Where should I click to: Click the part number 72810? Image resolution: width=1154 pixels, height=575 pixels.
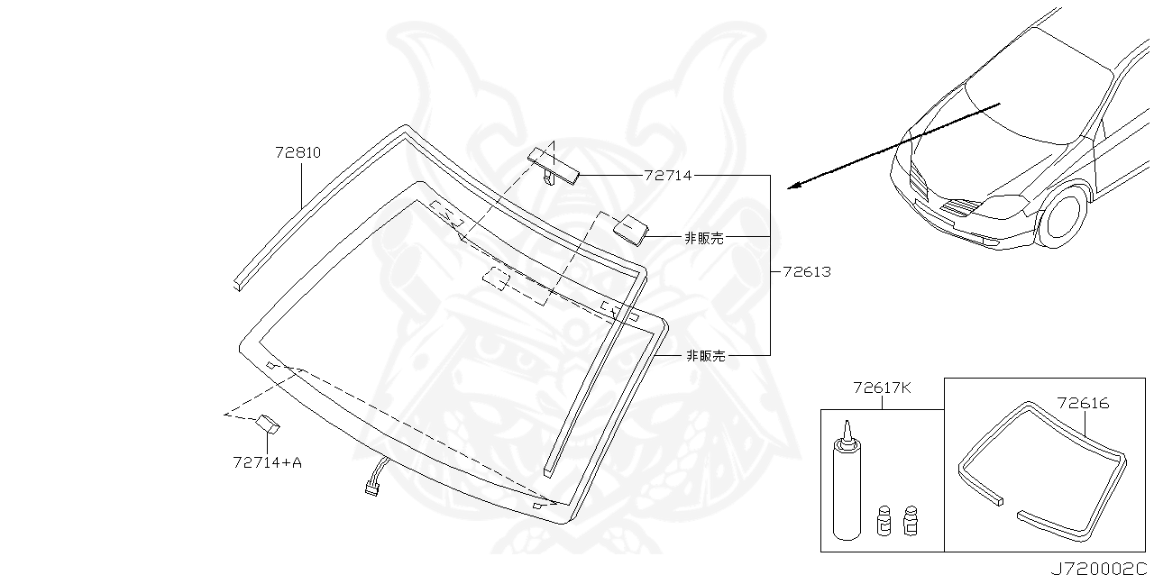point(298,153)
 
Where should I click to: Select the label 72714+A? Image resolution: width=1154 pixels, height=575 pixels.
point(267,463)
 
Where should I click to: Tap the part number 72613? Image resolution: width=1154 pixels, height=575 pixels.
point(807,271)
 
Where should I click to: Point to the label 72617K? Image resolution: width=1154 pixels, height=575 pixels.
point(883,388)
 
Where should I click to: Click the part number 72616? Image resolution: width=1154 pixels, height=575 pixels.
point(1083,404)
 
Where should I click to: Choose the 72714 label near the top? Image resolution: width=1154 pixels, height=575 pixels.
point(668,176)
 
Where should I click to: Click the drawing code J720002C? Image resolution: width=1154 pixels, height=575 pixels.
point(1099,567)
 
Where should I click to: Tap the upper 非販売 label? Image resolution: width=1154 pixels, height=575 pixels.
point(704,238)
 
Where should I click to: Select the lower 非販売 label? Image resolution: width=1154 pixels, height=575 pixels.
point(705,356)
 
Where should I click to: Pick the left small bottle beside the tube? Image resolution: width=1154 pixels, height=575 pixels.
point(884,520)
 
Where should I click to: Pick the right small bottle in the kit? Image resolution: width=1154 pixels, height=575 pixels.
point(910,520)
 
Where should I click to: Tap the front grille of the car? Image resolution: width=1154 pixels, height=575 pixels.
point(962,208)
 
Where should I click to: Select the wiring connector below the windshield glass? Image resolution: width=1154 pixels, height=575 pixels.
point(372,488)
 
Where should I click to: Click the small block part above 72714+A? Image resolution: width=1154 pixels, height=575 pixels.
point(270,423)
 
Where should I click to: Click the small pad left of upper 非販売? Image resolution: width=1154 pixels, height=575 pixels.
point(630,227)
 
